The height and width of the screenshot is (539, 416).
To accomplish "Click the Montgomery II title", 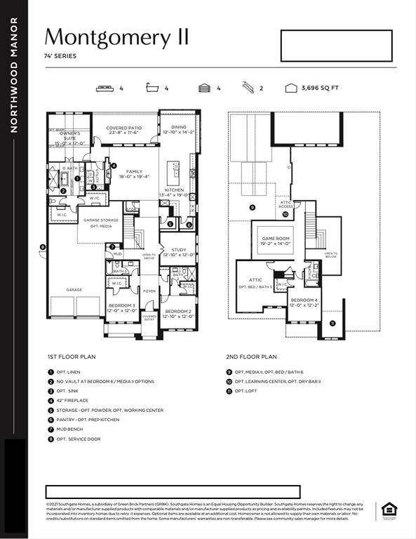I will pyautogui.click(x=116, y=37).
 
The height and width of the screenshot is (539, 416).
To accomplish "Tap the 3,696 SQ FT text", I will pyautogui.click(x=319, y=88).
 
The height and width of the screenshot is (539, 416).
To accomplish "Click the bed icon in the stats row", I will pyautogui.click(x=105, y=88).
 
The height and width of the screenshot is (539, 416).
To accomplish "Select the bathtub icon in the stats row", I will pyautogui.click(x=154, y=88).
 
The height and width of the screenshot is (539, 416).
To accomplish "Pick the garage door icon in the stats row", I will pyautogui.click(x=204, y=88).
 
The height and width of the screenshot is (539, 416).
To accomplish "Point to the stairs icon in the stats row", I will pyautogui.click(x=248, y=88).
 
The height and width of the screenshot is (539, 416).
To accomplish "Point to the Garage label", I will pyautogui.click(x=74, y=289).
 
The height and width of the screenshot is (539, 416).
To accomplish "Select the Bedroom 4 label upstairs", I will pyautogui.click(x=304, y=302).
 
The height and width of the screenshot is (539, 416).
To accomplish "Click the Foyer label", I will pyautogui.click(x=149, y=290).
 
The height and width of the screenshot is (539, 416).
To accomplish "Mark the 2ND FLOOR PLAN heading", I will pyautogui.click(x=251, y=357).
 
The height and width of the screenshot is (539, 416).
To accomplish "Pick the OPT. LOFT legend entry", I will pyautogui.click(x=246, y=391).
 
